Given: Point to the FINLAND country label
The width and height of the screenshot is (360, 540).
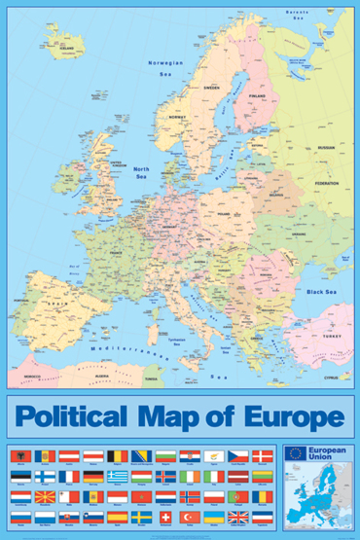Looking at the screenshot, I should pos(257,96).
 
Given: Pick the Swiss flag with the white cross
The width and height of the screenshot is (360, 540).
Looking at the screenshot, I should pos(165,516).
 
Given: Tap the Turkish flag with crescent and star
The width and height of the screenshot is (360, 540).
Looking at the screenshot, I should pos(190,516).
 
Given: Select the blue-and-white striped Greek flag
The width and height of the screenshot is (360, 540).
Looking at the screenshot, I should pos(117,476).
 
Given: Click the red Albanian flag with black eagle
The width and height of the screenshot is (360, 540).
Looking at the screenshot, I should pos(45,455).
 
